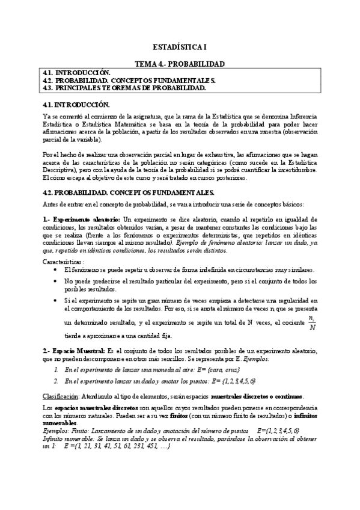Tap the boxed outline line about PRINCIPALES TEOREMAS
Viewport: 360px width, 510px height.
(x=125, y=88)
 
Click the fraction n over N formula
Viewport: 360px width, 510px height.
(x=311, y=323)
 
